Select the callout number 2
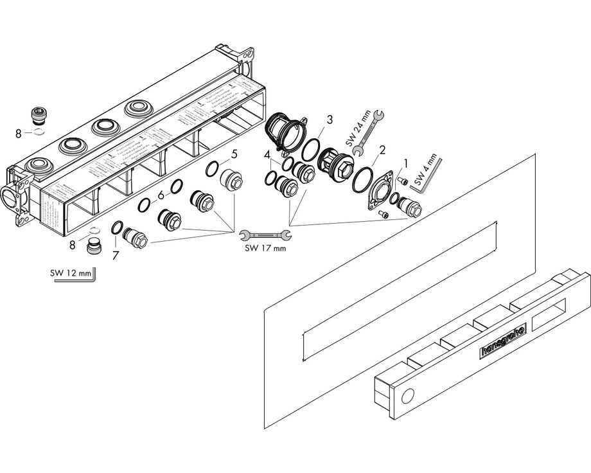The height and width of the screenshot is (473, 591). point(382,150)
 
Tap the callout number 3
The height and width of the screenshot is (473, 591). point(329,120)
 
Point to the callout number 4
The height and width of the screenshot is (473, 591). point(266,154)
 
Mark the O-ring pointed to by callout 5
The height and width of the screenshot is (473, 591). point(211,170)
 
